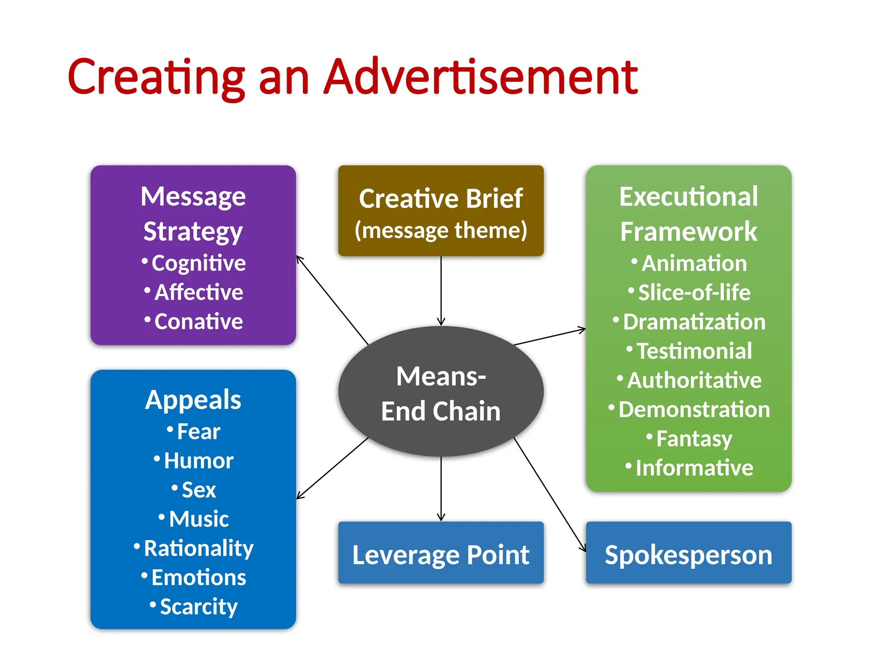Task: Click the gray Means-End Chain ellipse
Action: click(441, 392)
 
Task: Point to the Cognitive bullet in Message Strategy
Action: click(198, 263)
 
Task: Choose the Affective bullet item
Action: click(198, 293)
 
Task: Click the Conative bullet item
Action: click(198, 322)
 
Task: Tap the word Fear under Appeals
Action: click(198, 431)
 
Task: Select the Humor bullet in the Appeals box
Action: click(198, 461)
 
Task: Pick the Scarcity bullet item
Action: click(198, 607)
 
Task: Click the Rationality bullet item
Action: click(198, 548)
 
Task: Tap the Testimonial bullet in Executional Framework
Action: click(694, 351)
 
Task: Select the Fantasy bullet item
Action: click(694, 439)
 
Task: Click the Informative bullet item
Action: click(694, 468)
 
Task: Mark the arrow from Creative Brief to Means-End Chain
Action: click(441, 291)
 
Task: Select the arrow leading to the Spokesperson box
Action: click(550, 494)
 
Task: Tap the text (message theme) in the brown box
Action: click(441, 231)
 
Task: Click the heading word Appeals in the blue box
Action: click(193, 400)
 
